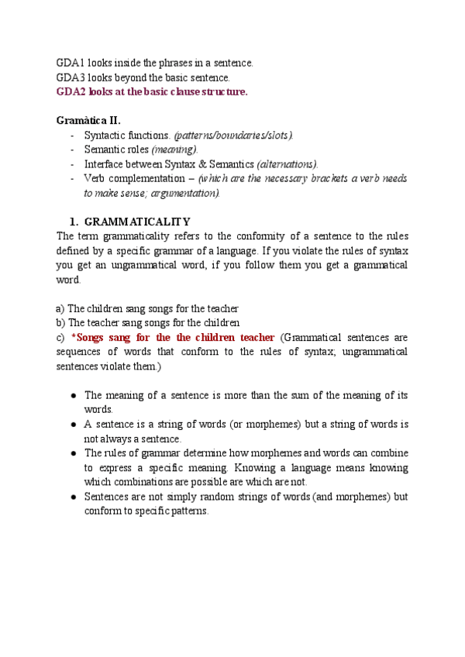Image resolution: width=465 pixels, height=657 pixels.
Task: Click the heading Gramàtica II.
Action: coord(88,120)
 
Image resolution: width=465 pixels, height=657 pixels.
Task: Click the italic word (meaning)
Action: coord(174,150)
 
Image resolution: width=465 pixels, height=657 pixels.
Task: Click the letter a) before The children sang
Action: coord(60,308)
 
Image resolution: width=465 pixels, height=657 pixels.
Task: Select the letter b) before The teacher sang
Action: coord(60,323)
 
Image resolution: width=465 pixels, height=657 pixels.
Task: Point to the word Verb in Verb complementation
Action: coord(95,179)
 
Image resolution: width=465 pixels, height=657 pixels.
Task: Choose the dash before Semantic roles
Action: coord(72,150)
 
